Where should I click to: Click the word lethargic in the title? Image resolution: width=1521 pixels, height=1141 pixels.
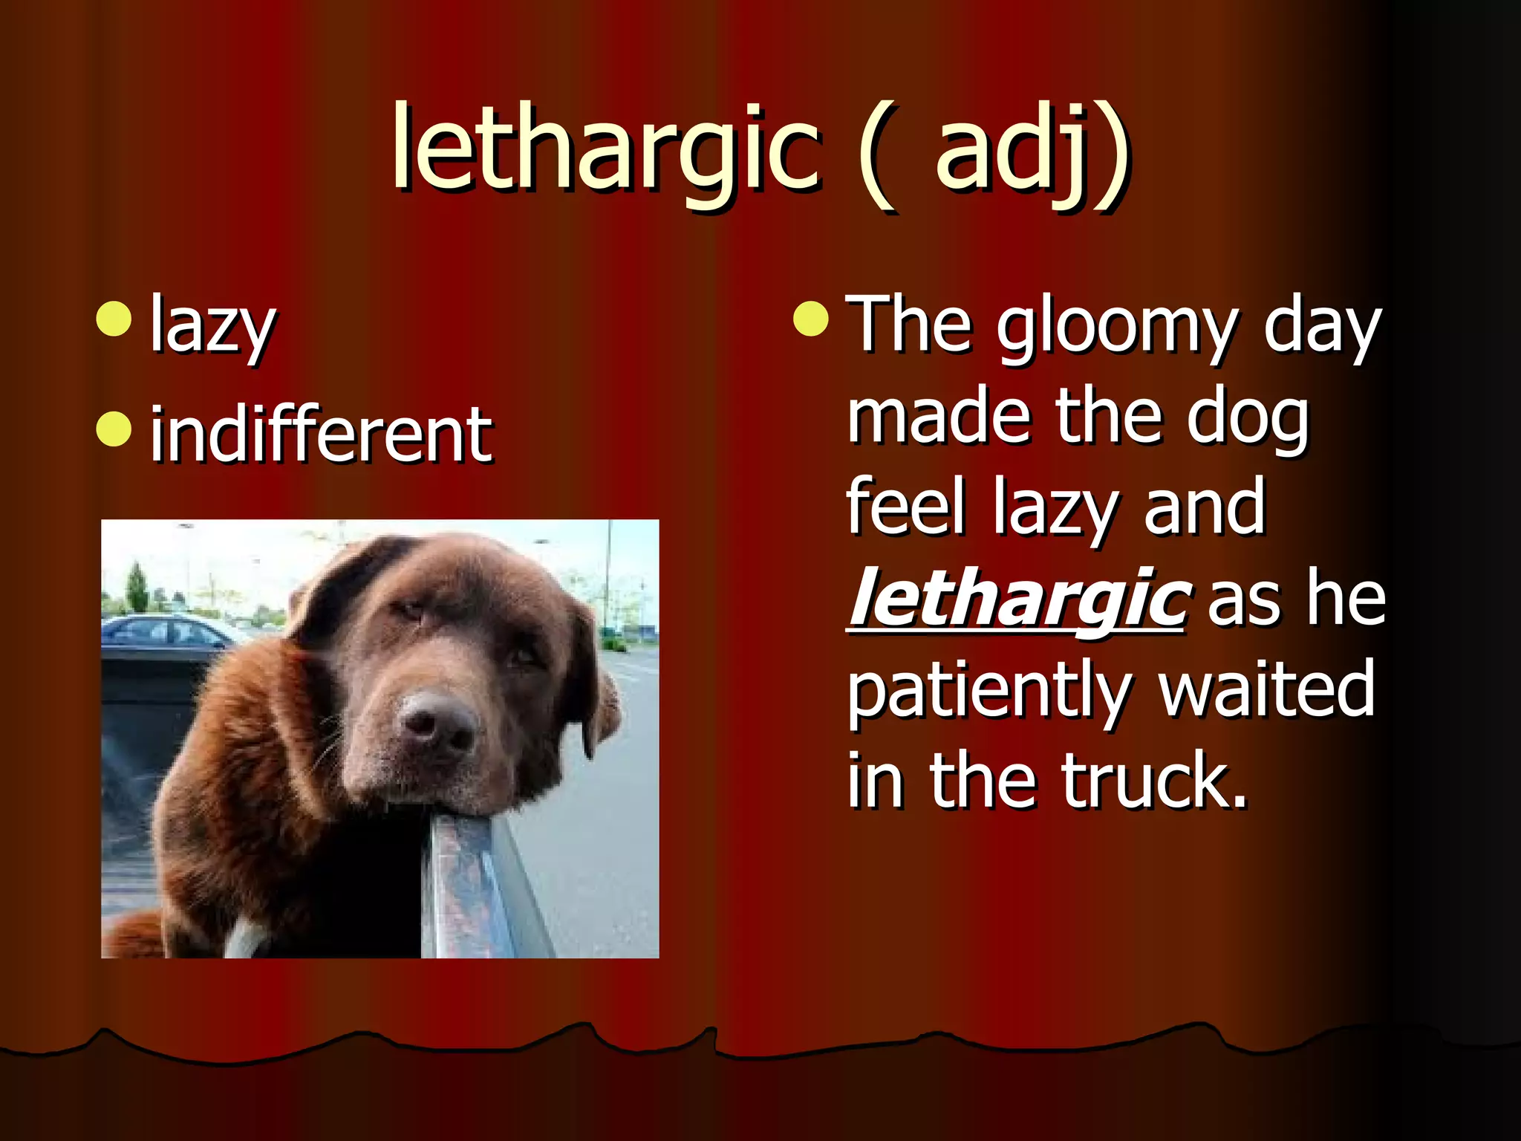[x=605, y=149]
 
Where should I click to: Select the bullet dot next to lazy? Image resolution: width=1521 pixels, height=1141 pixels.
[x=114, y=319]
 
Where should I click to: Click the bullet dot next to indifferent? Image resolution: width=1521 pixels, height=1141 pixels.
[x=114, y=429]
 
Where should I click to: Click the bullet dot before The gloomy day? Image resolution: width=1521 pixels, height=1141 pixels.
[x=810, y=319]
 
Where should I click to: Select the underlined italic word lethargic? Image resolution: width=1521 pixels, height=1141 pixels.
[x=1016, y=599]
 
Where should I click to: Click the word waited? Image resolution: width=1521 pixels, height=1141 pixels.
[x=1266, y=689]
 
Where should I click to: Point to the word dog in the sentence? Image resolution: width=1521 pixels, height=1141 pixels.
[x=1247, y=420]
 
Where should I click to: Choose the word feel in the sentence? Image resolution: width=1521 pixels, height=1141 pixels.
[x=906, y=508]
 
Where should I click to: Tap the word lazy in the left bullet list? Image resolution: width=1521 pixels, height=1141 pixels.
[x=212, y=327]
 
